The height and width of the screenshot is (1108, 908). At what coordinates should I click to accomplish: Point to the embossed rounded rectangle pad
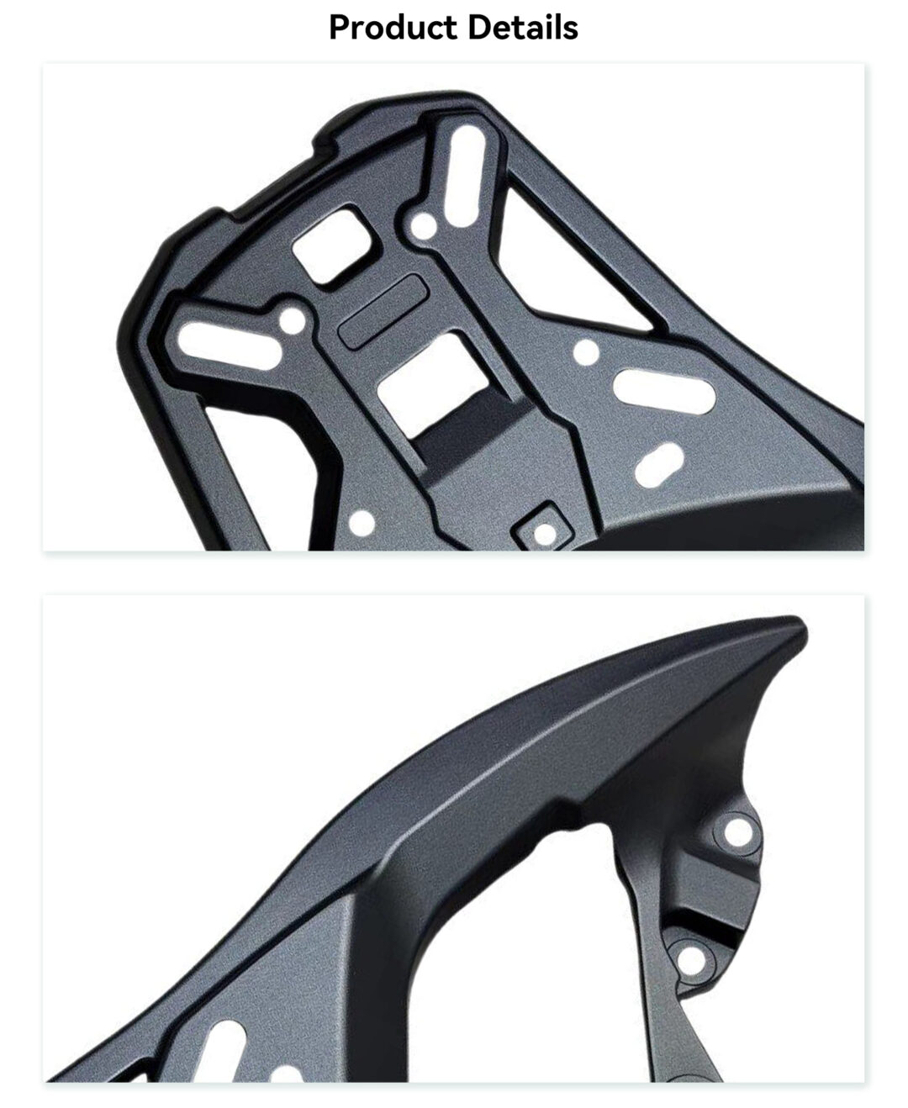coord(383,311)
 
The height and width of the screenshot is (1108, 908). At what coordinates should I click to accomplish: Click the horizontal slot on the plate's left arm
coord(229,346)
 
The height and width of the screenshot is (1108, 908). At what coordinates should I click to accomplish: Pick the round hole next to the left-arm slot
coord(293,320)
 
